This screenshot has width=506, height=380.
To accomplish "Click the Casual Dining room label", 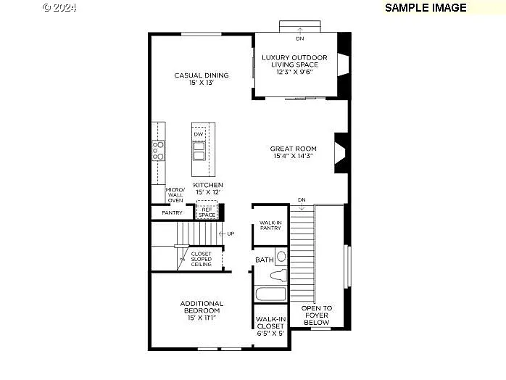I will pyautogui.click(x=201, y=79).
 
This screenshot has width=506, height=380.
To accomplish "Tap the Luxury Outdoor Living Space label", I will pyautogui.click(x=294, y=65).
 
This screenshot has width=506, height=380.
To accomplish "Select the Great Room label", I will pyautogui.click(x=294, y=152).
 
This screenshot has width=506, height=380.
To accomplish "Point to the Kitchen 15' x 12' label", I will pyautogui.click(x=207, y=189).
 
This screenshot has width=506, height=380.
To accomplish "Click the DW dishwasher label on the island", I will pyautogui.click(x=198, y=135).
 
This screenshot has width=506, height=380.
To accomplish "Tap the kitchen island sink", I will pyautogui.click(x=198, y=151).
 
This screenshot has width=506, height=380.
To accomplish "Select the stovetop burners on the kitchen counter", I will pyautogui.click(x=157, y=149).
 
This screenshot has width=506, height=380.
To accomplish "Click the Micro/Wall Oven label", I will pyautogui.click(x=175, y=194).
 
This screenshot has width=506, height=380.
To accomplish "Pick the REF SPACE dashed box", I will pyautogui.click(x=207, y=212).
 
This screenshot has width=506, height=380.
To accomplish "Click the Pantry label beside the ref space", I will pyautogui.click(x=172, y=213).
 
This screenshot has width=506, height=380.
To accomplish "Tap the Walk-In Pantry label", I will pyautogui.click(x=270, y=226).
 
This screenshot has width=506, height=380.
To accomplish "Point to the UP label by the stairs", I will pyautogui.click(x=231, y=234).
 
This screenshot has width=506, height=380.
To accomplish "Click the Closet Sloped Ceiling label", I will pyautogui.click(x=201, y=260).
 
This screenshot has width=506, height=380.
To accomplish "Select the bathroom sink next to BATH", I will pyautogui.click(x=281, y=257).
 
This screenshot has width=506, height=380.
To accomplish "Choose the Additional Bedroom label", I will pyautogui.click(x=202, y=310).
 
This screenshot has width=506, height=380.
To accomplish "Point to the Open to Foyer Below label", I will pyautogui.click(x=317, y=315).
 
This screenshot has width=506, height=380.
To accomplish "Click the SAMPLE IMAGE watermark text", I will pyautogui.click(x=426, y=7).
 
